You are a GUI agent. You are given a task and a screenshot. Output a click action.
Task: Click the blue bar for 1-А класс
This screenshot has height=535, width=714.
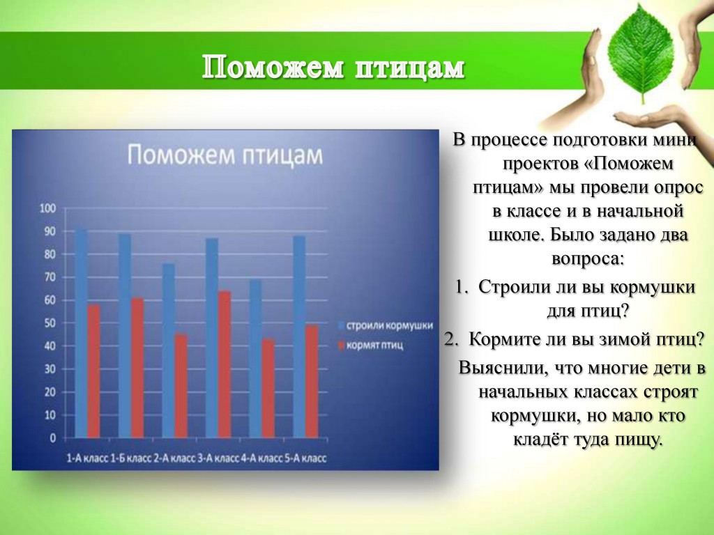[81, 334]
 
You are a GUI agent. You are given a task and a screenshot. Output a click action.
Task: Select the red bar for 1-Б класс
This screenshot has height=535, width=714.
[137, 368]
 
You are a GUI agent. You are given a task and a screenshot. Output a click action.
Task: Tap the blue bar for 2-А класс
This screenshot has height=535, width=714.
[169, 351]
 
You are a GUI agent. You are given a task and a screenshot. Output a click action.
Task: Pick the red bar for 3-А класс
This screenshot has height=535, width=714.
[225, 364]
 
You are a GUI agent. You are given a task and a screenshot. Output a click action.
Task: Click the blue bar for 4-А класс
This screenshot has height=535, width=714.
[255, 359]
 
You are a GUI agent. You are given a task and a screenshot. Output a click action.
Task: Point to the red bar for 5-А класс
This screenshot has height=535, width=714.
[312, 382]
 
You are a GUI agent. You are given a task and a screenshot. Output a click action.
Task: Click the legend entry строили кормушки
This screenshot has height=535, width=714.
[385, 326]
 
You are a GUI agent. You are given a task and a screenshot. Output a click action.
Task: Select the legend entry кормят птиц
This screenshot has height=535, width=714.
[371, 346]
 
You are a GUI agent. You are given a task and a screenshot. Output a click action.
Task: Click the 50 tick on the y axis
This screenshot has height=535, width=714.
[50, 323]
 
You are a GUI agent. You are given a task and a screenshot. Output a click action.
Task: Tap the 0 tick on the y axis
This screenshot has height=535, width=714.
[53, 438]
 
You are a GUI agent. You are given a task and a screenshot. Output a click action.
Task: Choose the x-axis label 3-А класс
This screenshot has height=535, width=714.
[218, 458]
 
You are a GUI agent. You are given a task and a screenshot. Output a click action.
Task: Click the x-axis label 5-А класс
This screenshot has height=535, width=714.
[305, 458]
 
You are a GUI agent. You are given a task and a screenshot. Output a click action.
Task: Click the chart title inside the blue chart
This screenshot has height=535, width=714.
[225, 155]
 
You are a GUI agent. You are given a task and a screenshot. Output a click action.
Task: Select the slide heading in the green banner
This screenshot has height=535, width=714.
[333, 68]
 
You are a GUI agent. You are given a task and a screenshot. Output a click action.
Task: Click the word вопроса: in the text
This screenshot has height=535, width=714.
[587, 259]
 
